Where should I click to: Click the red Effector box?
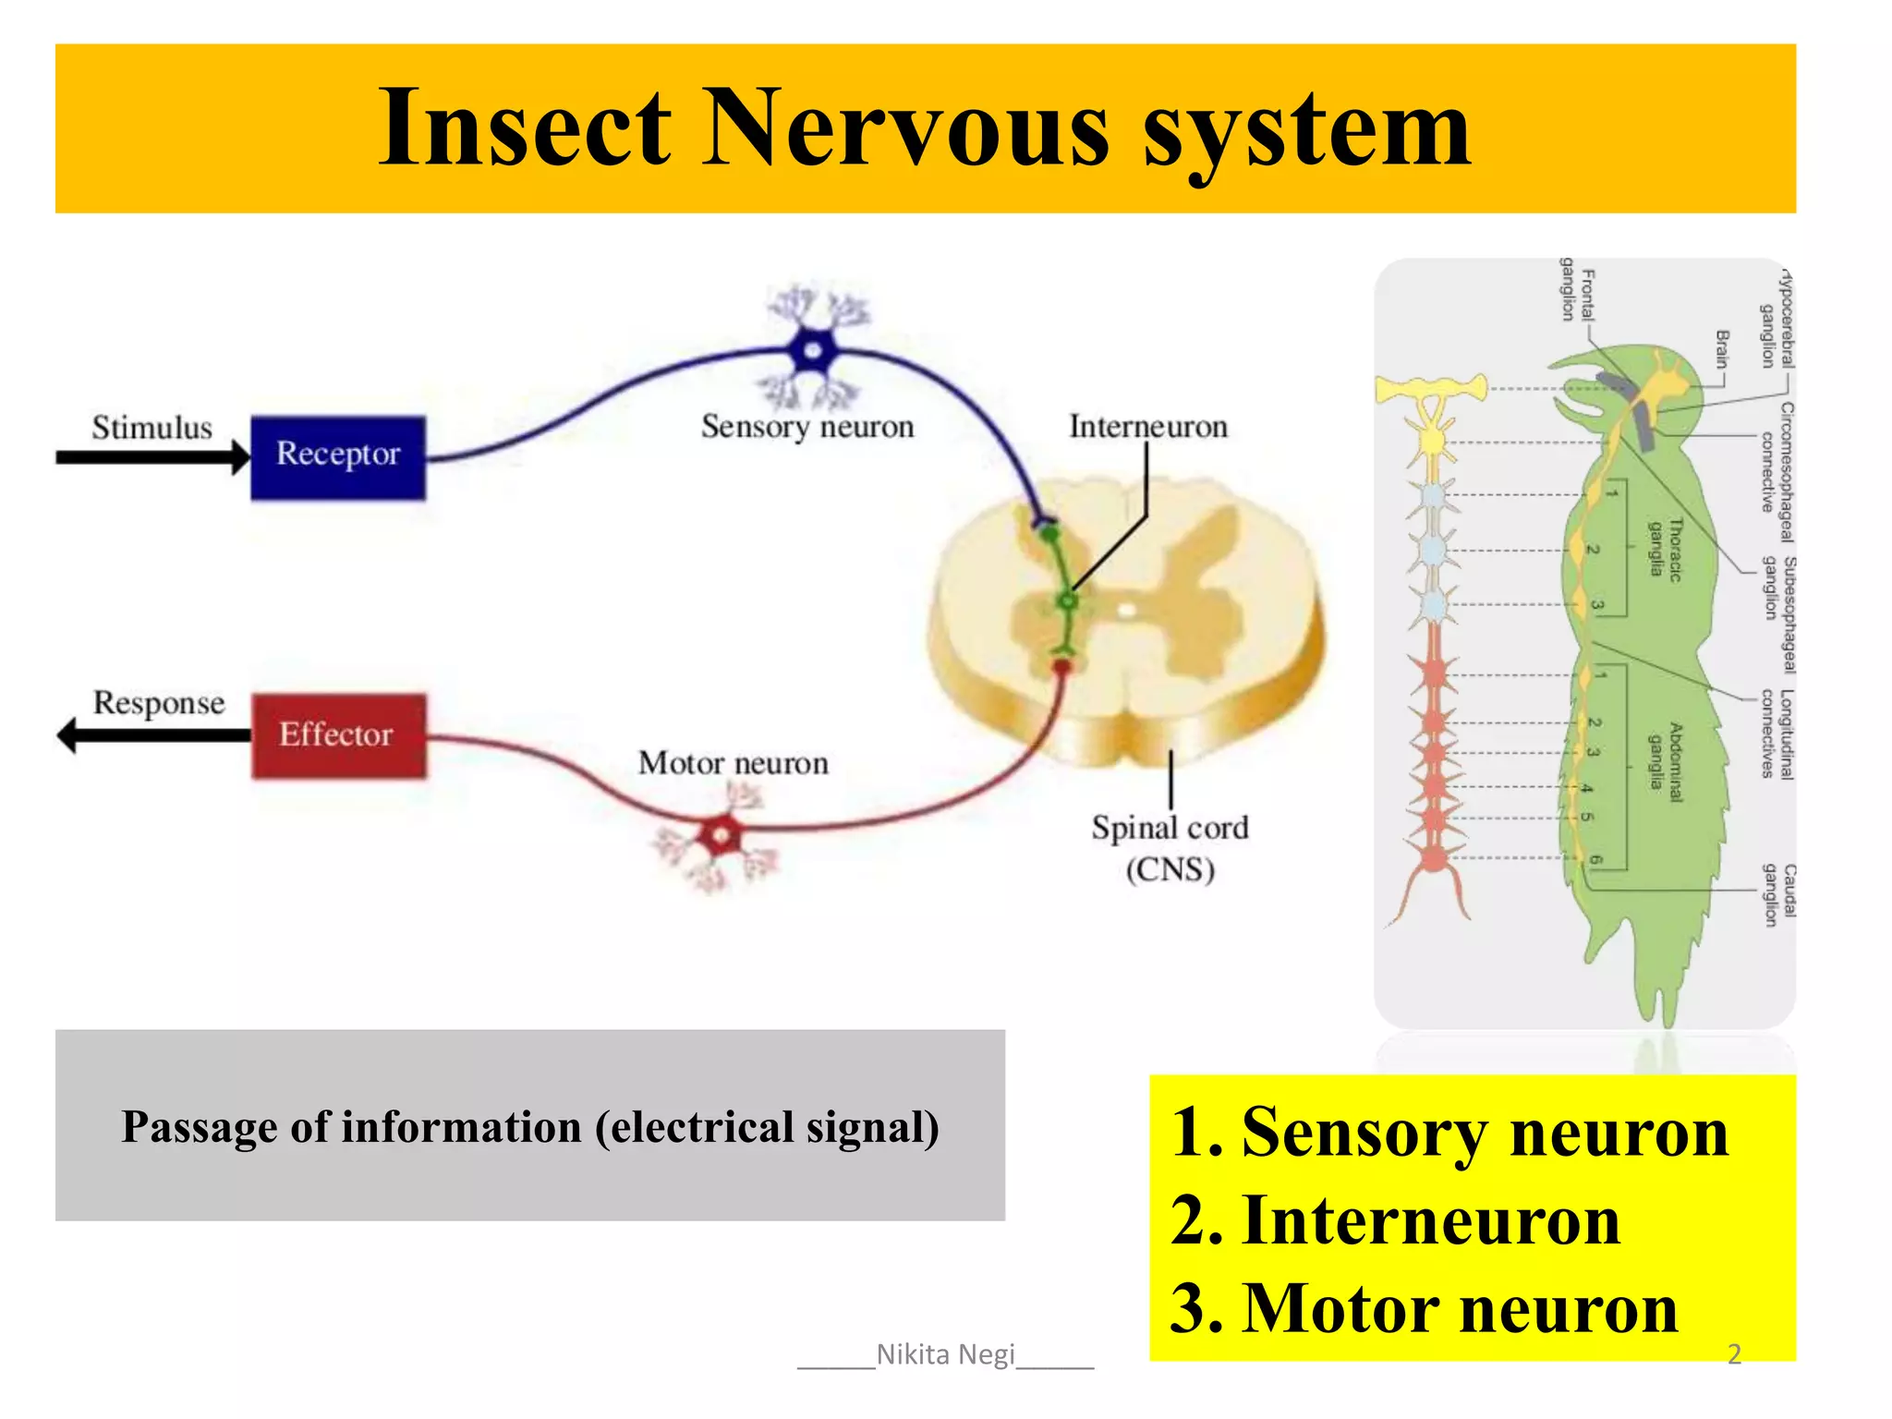(339, 735)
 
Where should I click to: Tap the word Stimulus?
(152, 428)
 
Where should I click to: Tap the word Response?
(159, 703)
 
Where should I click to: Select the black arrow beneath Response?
(152, 735)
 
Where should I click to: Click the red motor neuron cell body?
(721, 836)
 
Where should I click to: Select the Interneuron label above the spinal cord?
(1148, 427)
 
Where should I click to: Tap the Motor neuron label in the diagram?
(733, 763)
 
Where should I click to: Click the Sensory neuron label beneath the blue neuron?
(807, 427)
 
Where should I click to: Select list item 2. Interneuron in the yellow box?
(1395, 1220)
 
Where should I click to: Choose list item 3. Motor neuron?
(1424, 1308)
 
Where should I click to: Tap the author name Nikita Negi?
(945, 1354)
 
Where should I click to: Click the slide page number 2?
(1734, 1354)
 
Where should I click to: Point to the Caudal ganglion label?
(1778, 894)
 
